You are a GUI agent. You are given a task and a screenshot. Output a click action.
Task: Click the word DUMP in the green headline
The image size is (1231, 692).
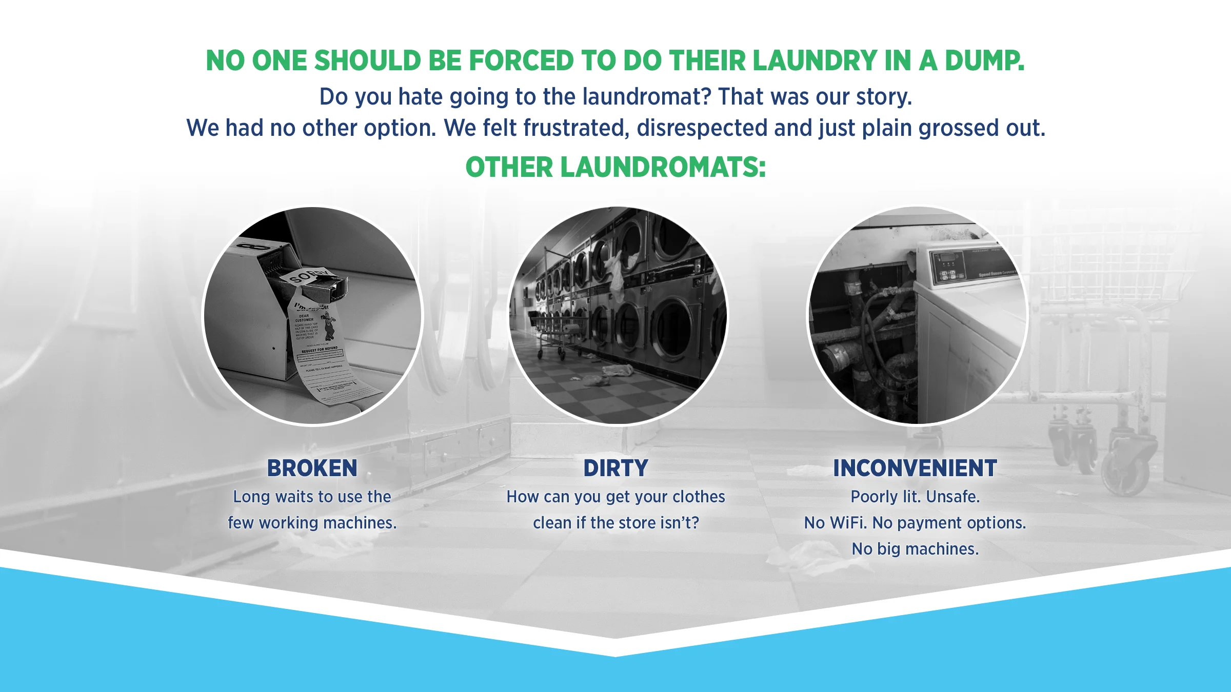[x=984, y=60]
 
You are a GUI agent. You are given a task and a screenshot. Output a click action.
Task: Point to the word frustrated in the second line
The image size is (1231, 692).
[x=575, y=128]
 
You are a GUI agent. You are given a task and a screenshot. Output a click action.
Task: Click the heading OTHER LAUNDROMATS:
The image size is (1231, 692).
[x=615, y=167]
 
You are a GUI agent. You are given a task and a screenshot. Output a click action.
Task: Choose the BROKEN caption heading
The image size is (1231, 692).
[x=312, y=468]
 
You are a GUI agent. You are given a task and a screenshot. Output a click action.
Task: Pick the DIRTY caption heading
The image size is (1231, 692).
[x=615, y=468]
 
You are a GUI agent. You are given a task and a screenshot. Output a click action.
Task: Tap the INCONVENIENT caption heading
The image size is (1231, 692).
[x=915, y=468]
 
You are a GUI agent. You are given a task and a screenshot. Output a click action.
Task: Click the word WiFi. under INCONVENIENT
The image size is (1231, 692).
[x=848, y=523]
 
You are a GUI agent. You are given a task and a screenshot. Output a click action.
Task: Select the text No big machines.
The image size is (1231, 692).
[x=915, y=549]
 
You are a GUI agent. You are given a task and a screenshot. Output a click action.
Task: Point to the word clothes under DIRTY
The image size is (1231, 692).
[x=699, y=497]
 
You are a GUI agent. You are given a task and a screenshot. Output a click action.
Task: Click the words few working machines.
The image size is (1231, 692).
[x=312, y=523]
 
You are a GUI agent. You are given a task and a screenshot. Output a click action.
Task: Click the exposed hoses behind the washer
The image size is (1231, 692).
[x=872, y=328]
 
